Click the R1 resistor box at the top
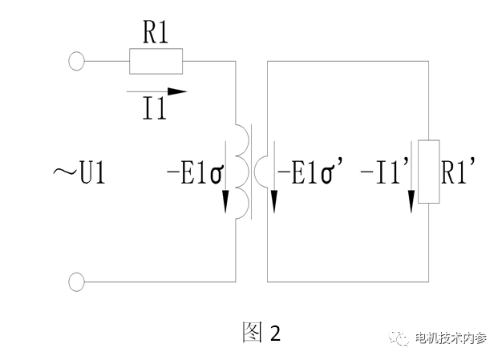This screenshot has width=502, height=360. click(156, 60)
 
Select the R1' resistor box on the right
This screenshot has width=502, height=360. click(431, 172)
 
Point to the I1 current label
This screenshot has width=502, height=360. click(154, 108)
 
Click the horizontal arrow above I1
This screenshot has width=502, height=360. click(157, 91)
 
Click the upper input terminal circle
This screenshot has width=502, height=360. click(77, 60)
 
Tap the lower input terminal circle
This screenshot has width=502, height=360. click(77, 281)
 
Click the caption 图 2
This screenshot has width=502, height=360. click(261, 332)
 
